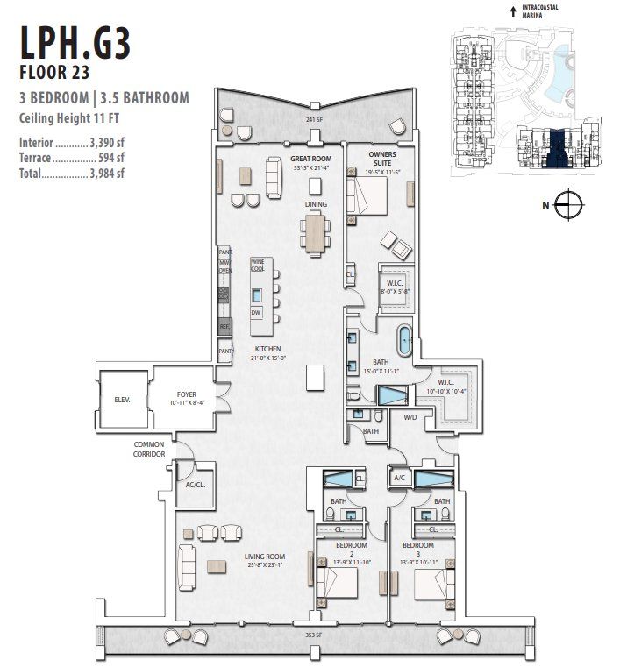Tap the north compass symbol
(x=568, y=205)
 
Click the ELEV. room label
(x=122, y=399)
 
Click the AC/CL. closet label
(x=195, y=485)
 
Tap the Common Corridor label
(x=148, y=450)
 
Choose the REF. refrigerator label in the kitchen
(x=224, y=326)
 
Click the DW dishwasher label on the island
(x=256, y=313)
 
